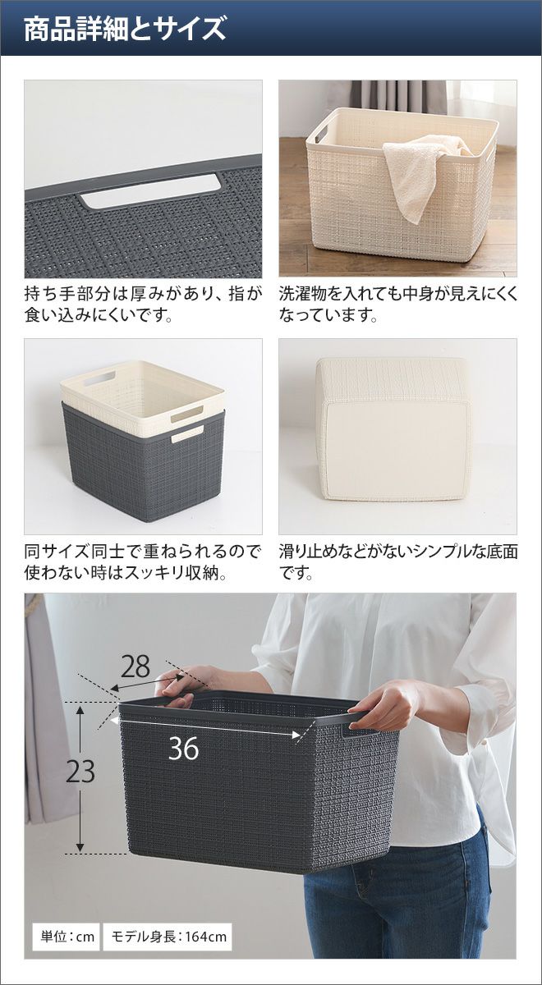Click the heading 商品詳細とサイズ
tap(125, 30)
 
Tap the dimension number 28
tap(135, 667)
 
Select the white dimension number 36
tap(183, 749)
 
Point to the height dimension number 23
tap(80, 771)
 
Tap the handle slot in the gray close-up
tap(150, 192)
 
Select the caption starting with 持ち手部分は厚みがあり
tap(143, 305)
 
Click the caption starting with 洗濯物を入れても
tap(397, 305)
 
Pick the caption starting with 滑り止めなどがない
tap(397, 562)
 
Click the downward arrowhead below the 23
tap(80, 846)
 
